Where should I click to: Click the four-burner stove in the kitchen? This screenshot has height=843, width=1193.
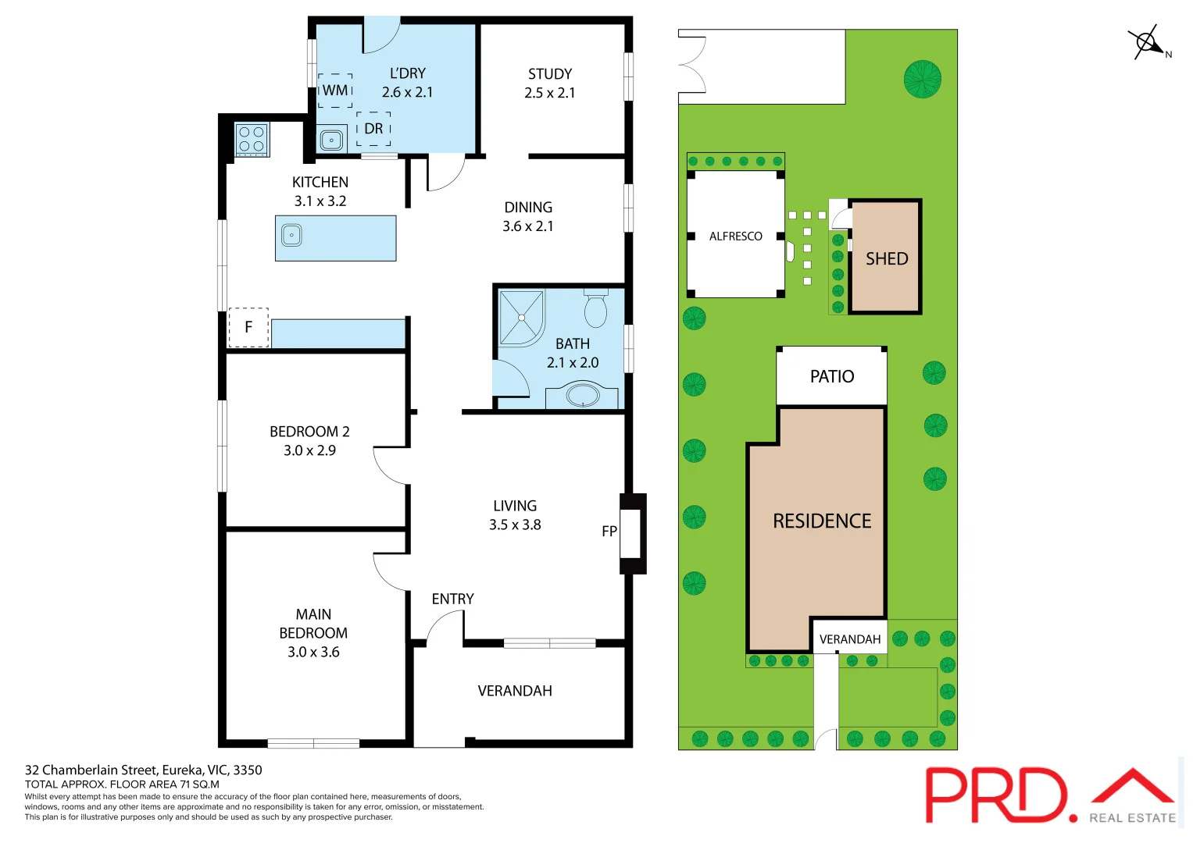point(252,140)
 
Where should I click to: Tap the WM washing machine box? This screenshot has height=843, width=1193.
point(335,91)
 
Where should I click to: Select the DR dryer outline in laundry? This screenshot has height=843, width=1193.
point(373,129)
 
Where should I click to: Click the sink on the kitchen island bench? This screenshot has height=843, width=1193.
point(291,235)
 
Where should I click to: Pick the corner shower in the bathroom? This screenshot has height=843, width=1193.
point(520,318)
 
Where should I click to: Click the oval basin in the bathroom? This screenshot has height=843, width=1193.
point(583,395)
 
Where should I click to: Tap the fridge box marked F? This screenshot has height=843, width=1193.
point(248,327)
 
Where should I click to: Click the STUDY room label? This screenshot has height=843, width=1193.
point(550,74)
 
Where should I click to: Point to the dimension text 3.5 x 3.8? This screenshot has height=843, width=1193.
point(515,525)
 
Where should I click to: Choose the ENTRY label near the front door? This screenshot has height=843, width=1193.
point(452,599)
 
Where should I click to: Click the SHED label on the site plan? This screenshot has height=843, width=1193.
point(887,259)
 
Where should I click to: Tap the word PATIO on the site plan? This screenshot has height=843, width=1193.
point(832,376)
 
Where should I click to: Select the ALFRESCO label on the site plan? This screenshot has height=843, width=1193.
point(735,237)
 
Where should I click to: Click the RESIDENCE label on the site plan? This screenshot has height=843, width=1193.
point(822,521)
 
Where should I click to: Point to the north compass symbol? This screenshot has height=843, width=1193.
point(1147,43)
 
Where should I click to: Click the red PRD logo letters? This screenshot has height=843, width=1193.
point(995,795)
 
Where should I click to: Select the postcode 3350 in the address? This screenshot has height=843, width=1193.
point(248,770)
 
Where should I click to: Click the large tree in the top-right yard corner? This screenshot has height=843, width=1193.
point(922,79)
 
